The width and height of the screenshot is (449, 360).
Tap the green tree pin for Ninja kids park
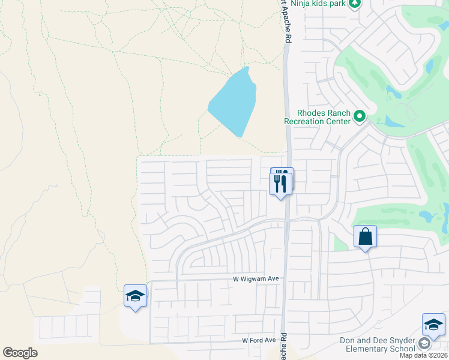[x=355, y=3]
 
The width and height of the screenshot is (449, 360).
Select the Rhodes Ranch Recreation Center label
[x=318, y=117]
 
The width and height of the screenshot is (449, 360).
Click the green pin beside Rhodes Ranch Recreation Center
[x=360, y=116]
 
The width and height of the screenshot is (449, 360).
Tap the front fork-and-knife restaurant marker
[x=280, y=183]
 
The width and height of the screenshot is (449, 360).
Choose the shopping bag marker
[x=365, y=237]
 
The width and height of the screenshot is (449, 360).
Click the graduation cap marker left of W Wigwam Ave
[x=136, y=296]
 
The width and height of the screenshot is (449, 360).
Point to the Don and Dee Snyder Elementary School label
[x=377, y=344]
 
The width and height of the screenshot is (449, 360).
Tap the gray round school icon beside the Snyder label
[x=424, y=344]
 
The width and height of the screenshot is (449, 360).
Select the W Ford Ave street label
[x=259, y=340]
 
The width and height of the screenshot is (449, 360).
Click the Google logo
[x=20, y=353]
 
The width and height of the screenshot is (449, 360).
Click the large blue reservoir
[x=234, y=102]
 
